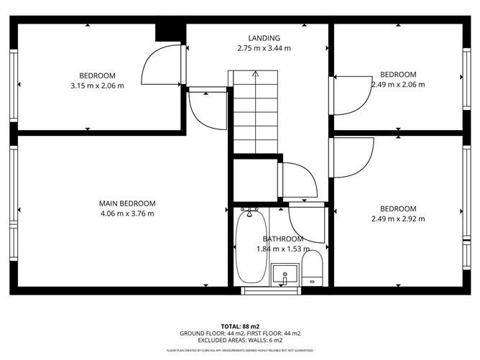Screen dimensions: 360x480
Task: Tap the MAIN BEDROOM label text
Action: click(126, 203)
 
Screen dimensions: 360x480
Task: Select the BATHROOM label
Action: click(282, 239)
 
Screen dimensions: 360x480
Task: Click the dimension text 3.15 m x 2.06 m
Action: click(97, 86)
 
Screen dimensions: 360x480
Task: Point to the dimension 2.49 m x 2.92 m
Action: click(398, 219)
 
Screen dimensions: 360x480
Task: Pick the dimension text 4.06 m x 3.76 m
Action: click(126, 213)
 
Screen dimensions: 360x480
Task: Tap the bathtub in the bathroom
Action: click(251, 246)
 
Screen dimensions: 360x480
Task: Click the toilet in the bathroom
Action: click(312, 267)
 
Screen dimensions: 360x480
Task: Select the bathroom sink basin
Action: click(285, 274)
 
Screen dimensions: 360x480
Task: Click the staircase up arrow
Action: click(255, 74)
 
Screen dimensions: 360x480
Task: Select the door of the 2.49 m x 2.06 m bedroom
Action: click(351, 95)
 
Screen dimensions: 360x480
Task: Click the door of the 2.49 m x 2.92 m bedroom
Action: click(352, 155)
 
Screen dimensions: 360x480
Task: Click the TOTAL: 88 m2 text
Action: click(240, 325)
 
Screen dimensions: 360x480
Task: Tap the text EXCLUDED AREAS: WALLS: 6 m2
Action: click(240, 341)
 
